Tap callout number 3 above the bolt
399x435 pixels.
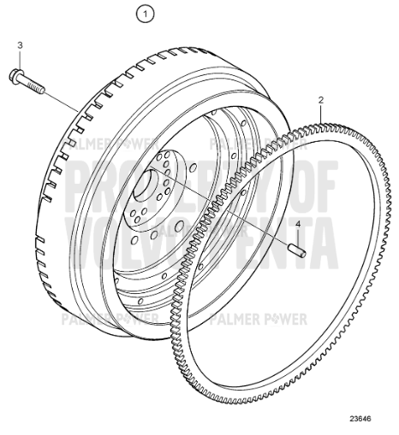(21, 44)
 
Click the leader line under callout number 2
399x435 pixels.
(319, 115)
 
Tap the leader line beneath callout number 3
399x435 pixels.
(21, 58)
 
